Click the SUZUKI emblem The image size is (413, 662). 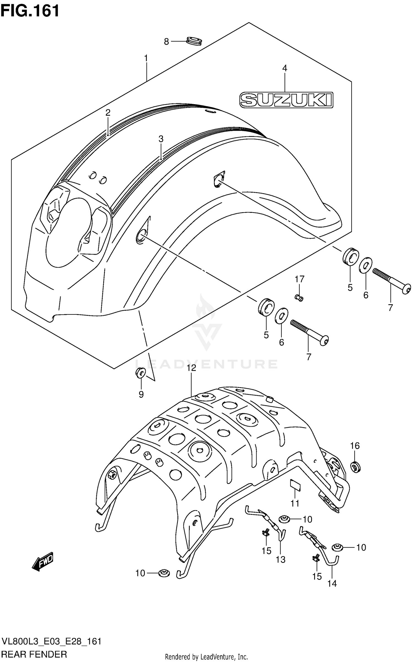pos(286,100)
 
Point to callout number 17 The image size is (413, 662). pos(300,279)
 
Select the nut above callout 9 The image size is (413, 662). pos(141,373)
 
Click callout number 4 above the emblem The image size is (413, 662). pos(285,68)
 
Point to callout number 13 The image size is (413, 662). pos(281,559)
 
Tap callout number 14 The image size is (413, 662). pos(332,583)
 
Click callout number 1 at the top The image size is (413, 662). pos(146,58)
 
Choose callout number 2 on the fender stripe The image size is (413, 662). pos(108,112)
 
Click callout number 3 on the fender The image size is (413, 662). pos(161,139)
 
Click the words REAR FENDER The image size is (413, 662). pos(34,654)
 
